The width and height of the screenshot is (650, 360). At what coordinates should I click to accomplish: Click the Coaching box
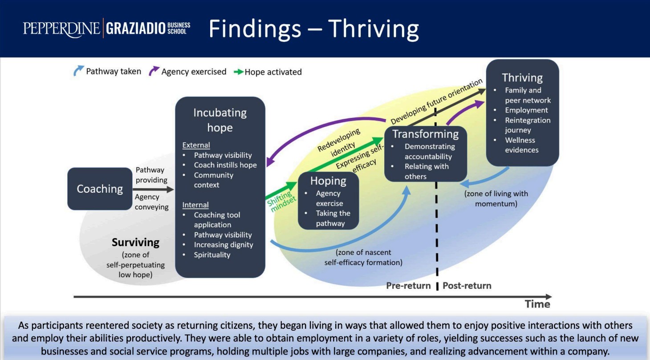point(100,189)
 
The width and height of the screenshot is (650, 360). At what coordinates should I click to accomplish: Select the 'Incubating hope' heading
point(220,120)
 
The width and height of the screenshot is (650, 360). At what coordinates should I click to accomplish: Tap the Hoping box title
point(328,181)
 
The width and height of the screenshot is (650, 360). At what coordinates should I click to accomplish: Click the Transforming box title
point(425,134)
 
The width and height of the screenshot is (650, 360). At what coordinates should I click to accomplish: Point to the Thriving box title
point(522,78)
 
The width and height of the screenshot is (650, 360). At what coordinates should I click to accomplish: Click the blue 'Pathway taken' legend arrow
point(79,71)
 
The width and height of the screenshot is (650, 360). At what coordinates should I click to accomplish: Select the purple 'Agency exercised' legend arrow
point(154,71)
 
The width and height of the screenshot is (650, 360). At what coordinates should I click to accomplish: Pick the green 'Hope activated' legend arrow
point(238,72)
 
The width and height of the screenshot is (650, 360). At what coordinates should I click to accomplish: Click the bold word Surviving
point(135,243)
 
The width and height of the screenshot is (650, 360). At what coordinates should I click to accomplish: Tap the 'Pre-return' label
point(408,285)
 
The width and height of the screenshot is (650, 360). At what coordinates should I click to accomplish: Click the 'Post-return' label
point(467,285)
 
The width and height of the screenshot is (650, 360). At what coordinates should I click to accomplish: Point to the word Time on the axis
point(537,304)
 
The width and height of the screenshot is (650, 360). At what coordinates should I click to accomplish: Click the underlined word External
point(196,145)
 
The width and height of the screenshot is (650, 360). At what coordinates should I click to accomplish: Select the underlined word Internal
point(195,205)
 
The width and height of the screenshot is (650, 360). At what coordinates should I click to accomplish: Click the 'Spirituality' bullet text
point(212,255)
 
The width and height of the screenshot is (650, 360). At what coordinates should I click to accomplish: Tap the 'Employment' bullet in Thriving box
point(526,110)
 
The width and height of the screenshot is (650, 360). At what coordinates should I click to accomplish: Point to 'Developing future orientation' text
point(436,101)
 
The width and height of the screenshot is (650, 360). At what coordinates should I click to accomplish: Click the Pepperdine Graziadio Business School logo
point(107,28)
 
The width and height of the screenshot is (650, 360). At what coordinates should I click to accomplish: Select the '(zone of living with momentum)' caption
point(496,198)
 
